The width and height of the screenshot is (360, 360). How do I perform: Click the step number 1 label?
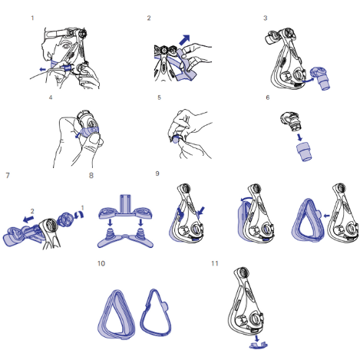point(32,18)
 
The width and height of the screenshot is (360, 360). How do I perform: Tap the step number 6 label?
point(268,97)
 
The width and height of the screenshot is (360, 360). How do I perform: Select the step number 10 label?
point(101,263)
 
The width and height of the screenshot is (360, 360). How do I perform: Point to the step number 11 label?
point(215,263)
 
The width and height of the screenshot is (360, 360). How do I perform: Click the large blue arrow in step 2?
point(184,40)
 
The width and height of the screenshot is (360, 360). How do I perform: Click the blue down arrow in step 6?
point(299,137)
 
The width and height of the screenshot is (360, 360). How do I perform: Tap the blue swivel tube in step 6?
point(304,152)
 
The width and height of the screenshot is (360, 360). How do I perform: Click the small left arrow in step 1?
point(43,69)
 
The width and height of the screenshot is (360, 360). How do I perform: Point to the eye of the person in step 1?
point(65,46)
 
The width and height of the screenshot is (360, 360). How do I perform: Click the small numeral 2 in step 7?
point(32,211)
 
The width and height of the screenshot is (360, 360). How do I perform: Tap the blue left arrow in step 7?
point(28,219)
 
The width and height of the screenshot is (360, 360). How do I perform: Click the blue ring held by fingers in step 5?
point(177,140)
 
